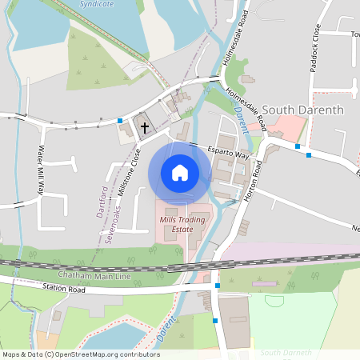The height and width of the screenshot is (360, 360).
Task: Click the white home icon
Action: pos(180,172)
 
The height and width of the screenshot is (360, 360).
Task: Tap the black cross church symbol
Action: pos(145,126)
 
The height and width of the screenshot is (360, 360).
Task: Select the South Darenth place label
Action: pos(303,110)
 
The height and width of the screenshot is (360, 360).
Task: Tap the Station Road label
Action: pos(63,287)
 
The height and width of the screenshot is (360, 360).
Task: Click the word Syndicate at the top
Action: pos(98,4)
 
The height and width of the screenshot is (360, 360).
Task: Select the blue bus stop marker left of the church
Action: pos(120,121)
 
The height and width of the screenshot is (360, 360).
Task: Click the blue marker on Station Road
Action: pos(218,286)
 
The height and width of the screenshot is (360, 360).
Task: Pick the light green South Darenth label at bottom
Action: pos(291,352)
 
